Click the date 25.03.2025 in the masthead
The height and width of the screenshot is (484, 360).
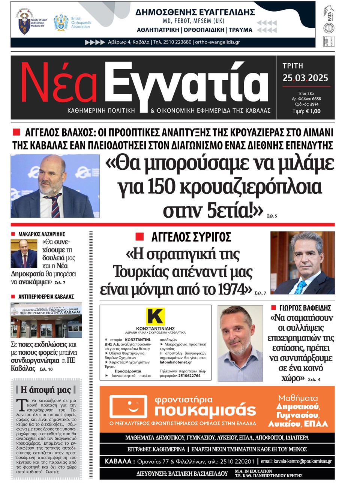click(305, 78)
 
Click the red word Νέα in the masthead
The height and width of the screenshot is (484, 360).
click(59, 83)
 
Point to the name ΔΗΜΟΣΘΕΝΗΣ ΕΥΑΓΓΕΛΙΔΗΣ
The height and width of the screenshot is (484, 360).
click(195, 12)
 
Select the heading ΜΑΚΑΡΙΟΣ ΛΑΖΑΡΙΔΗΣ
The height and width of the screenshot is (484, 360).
click(42, 234)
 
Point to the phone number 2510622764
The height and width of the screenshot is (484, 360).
click(189, 376)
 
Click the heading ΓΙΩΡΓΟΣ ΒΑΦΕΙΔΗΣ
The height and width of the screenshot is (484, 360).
click(305, 308)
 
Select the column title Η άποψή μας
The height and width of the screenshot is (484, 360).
click(46, 390)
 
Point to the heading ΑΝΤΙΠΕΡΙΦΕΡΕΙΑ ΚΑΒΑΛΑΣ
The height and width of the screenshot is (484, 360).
click(46, 297)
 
